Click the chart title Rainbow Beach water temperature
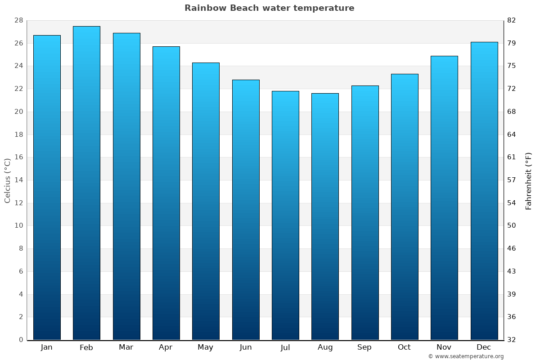[x=269, y=8]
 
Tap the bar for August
[x=325, y=216]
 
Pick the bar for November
[x=444, y=198]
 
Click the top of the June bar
[x=246, y=81]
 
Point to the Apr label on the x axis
[x=166, y=347]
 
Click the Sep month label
[x=364, y=347]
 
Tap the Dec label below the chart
[x=484, y=347]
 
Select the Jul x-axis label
[x=285, y=347]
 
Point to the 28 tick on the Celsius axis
[x=18, y=20]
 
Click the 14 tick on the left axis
[x=18, y=180]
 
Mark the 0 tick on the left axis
[x=21, y=340]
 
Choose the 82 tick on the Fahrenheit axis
[x=512, y=20]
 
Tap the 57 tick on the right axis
[x=512, y=180]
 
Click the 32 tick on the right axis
[x=512, y=340]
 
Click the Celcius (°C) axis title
[x=7, y=180]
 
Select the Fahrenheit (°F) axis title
[x=528, y=181]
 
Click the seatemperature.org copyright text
[x=466, y=356]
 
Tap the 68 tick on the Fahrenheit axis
[x=512, y=112]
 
